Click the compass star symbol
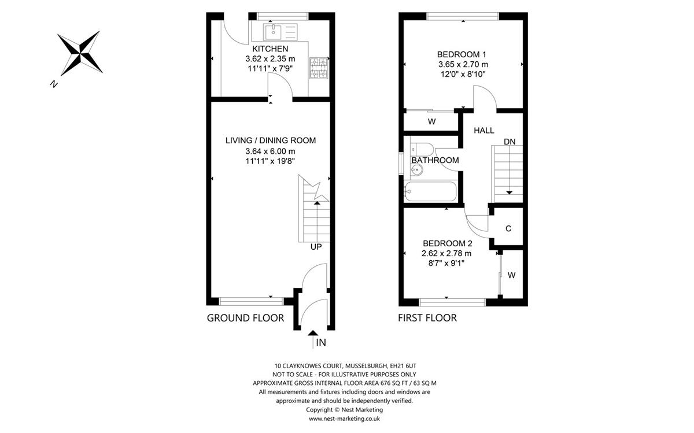pos(80,53)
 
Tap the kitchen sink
pos(280,32)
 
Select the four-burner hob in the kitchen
pos(319,68)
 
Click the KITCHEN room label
pos(270,49)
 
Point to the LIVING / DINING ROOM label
pos(271,140)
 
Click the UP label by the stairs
pos(316,247)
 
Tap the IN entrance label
pos(321,343)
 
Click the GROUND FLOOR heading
pos(245,318)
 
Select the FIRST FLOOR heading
pos(427,318)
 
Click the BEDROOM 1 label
pos(462,54)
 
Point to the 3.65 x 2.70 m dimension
pos(463,64)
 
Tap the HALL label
pos(484,131)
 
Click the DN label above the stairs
pos(510,142)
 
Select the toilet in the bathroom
pos(422,149)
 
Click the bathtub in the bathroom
pos(430,191)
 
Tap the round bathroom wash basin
pos(417,169)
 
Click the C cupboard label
pos(508,228)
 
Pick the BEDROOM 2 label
pos(448,243)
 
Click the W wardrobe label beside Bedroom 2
pos(511,275)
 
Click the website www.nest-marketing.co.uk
pos(344,419)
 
